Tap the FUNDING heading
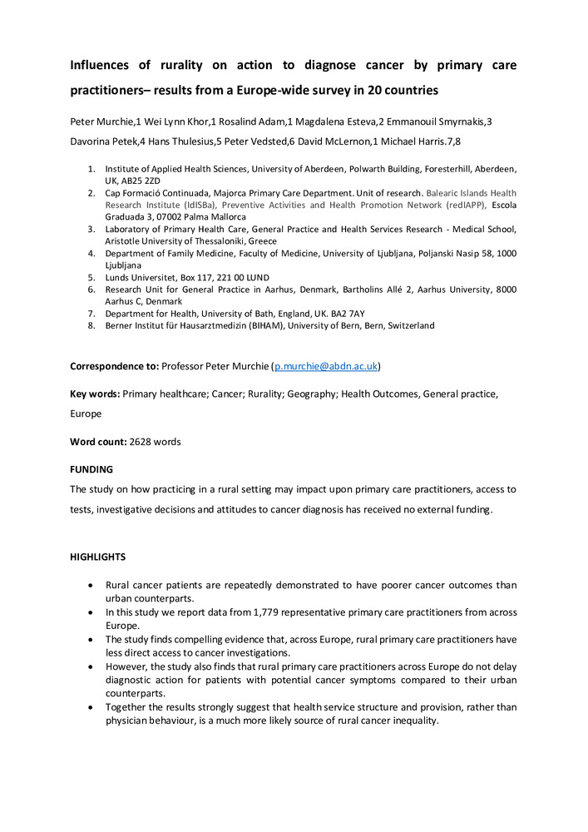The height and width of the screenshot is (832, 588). (x=91, y=469)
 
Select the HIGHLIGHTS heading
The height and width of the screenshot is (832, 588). (x=98, y=557)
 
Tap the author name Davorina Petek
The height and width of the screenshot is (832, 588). (x=104, y=142)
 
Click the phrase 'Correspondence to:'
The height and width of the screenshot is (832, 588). (x=114, y=366)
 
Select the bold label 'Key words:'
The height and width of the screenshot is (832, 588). (x=95, y=394)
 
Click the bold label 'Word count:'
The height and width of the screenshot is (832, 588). (x=97, y=442)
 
